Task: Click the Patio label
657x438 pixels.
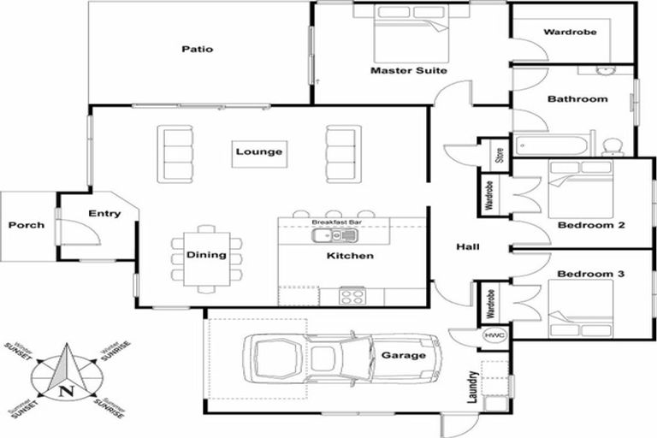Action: tap(197, 49)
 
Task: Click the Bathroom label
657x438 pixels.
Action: tap(577, 99)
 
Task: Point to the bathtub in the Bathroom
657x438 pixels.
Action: tap(551, 144)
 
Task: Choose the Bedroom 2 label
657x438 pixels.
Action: tap(591, 226)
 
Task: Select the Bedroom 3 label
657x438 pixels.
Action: tap(591, 274)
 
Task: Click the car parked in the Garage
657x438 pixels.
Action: tap(342, 356)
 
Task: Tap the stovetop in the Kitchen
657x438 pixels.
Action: tap(352, 296)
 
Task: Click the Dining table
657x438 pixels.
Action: tap(206, 255)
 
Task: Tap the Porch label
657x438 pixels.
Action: tap(26, 226)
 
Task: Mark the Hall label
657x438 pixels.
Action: tap(467, 247)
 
